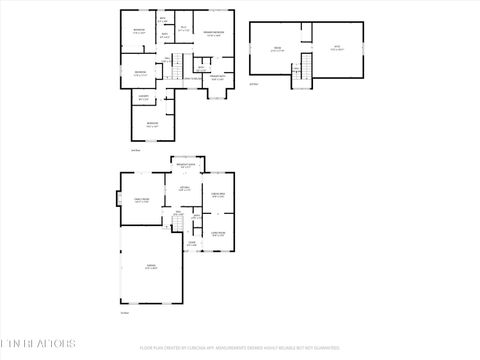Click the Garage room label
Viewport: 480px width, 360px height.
click(x=150, y=267)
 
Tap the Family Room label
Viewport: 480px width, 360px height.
click(x=141, y=201)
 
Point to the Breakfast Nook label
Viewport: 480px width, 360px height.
click(x=186, y=165)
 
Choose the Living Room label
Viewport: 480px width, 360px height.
click(x=217, y=235)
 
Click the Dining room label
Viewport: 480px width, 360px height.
click(x=217, y=196)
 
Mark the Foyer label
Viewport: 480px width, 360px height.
click(x=191, y=243)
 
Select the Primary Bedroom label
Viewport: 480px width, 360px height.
click(x=213, y=34)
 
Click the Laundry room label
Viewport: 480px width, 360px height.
click(x=144, y=98)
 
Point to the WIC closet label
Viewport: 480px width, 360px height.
click(x=184, y=30)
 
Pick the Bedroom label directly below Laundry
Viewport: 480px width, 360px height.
click(x=151, y=124)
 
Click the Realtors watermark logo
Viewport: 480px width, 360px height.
click(x=38, y=343)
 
